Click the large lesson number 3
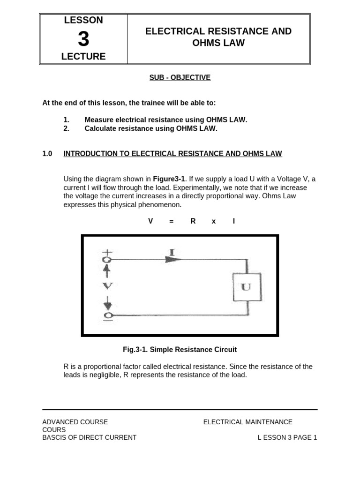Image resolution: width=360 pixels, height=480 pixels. (x=83, y=39)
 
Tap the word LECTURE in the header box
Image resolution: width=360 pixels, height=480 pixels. (x=83, y=57)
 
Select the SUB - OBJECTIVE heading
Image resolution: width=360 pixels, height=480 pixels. (x=180, y=78)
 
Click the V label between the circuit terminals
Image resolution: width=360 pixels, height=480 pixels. (x=108, y=285)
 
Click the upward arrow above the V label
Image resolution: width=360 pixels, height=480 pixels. (x=107, y=270)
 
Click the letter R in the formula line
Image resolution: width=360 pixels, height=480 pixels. (x=193, y=221)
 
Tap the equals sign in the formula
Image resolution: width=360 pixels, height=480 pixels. (x=172, y=221)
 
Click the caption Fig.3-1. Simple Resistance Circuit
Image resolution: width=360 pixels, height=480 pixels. (x=180, y=350)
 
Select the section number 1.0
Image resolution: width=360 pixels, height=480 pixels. (x=47, y=154)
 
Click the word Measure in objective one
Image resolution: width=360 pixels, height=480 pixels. (x=99, y=120)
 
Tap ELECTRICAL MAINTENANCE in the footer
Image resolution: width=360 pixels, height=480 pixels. (x=247, y=422)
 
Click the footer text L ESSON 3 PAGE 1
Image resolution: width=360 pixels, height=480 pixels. (x=287, y=438)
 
